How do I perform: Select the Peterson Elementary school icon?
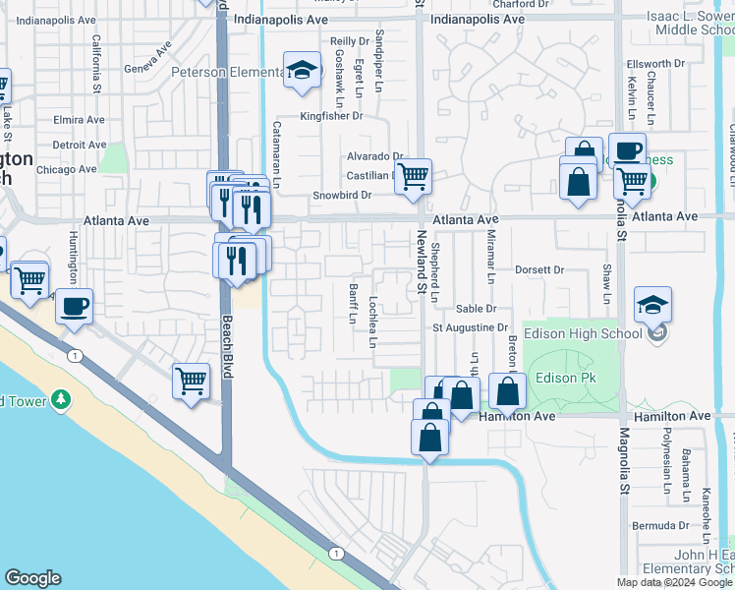(x=303, y=71)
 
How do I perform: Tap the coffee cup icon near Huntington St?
(x=74, y=306)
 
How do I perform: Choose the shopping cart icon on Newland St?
(x=414, y=177)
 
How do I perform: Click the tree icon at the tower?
(x=62, y=399)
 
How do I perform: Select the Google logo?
(x=32, y=578)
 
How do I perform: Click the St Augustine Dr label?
(x=472, y=327)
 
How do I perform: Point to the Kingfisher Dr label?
(x=331, y=116)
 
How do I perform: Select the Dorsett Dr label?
(x=538, y=268)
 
